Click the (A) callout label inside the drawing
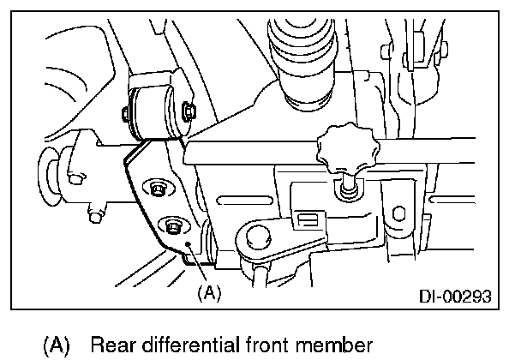pyautogui.click(x=209, y=293)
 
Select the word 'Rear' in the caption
pyautogui.click(x=109, y=345)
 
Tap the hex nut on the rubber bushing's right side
pyautogui.click(x=189, y=110)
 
